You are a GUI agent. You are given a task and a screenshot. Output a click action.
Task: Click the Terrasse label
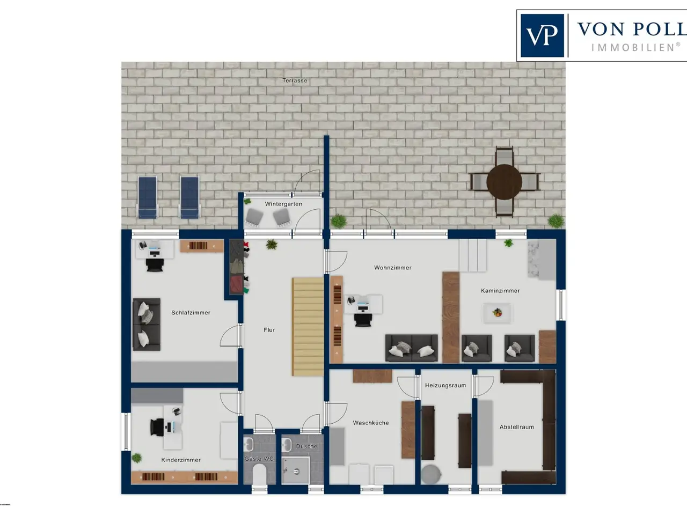(x=295, y=80)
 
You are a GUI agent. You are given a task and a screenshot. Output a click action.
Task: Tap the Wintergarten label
(x=283, y=204)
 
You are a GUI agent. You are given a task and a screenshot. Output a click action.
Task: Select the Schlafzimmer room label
(x=191, y=312)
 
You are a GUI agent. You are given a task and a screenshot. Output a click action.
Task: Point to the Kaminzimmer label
(x=500, y=290)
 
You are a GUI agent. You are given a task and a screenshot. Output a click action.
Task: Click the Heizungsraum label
(x=445, y=385)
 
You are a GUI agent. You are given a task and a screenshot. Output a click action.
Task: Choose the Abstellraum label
(x=516, y=427)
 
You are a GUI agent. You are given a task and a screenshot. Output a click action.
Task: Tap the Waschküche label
(x=370, y=423)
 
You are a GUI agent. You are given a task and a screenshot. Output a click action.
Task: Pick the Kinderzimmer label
(x=181, y=460)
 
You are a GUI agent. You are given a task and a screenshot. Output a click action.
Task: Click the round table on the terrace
(x=504, y=182)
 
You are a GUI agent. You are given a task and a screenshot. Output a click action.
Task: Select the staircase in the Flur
(x=308, y=327)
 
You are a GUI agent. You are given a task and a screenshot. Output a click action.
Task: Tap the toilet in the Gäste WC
(x=259, y=474)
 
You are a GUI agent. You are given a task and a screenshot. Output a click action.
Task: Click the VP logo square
(x=542, y=35)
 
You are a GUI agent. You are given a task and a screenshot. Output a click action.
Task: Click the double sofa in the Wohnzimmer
(x=411, y=348)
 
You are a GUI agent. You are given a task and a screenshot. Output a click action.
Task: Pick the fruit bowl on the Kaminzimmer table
(x=497, y=312)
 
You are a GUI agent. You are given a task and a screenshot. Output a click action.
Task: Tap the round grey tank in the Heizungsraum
(x=431, y=474)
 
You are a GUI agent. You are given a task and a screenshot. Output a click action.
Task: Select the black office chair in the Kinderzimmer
(x=157, y=427)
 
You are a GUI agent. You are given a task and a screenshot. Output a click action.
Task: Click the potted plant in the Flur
(x=272, y=244)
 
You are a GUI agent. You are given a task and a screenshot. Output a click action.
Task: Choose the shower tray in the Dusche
(x=295, y=470)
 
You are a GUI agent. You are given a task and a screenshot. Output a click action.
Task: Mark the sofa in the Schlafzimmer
(x=147, y=324)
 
